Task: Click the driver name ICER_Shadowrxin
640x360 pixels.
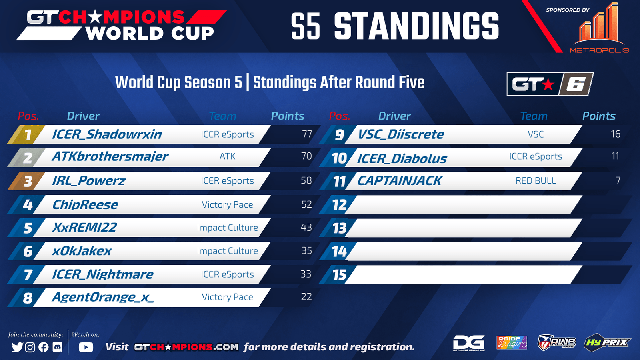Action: [107, 134]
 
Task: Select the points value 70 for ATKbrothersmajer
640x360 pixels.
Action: [306, 156]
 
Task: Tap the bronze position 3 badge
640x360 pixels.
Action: [26, 181]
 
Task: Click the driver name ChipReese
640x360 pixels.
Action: [85, 204]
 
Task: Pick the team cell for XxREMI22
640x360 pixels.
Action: [228, 228]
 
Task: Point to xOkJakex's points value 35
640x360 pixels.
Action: [306, 250]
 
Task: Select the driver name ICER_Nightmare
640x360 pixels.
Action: [102, 274]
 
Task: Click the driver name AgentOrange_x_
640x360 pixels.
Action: [103, 298]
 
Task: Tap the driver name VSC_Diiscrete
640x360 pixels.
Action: [401, 134]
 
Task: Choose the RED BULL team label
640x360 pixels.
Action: [536, 180]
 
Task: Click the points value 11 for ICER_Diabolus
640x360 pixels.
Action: [615, 156]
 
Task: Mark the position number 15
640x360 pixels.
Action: [340, 275]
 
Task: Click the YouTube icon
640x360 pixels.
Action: [86, 347]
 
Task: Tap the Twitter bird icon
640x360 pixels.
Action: [17, 347]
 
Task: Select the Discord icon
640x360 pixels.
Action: [58, 347]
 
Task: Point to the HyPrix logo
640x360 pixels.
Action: [607, 342]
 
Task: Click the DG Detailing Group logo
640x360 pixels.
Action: [469, 343]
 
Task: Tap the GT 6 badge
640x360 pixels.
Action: [550, 84]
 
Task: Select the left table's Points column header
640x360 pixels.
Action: [288, 116]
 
